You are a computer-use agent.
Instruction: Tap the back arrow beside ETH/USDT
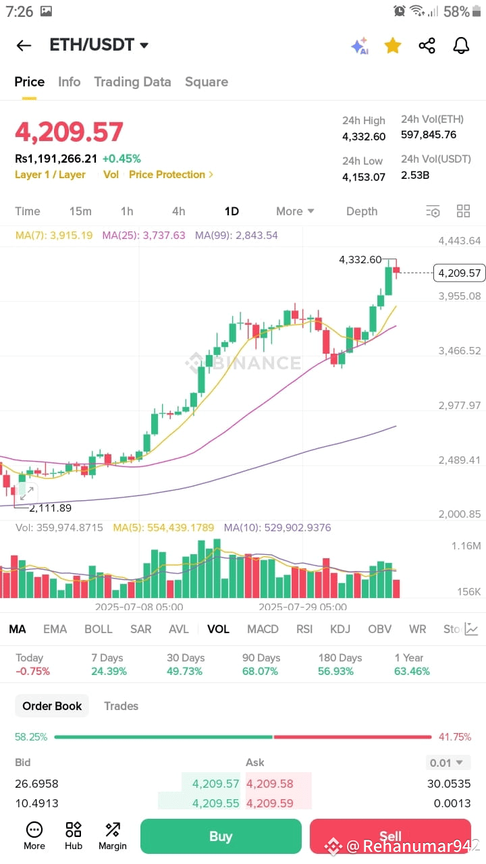tap(24, 45)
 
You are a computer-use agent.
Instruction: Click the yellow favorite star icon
tap(393, 45)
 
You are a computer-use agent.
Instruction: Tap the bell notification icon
tap(461, 45)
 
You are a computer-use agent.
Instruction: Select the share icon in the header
tap(427, 45)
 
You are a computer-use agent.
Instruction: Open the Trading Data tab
tap(132, 82)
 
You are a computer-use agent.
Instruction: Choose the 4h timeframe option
tap(179, 211)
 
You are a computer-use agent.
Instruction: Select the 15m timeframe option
tap(80, 211)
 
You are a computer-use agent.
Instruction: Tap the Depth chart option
tap(362, 211)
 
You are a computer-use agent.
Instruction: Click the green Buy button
tap(221, 836)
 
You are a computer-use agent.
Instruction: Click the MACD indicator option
tap(263, 629)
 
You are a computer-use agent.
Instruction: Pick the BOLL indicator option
tap(99, 629)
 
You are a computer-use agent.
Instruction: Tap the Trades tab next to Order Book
tap(121, 706)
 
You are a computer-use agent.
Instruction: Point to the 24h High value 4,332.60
tap(364, 136)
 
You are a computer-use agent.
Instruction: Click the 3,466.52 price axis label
tap(460, 350)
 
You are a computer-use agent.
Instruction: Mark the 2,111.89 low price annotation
tap(51, 508)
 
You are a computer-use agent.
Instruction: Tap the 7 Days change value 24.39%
tap(109, 671)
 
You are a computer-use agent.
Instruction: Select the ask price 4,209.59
tap(269, 803)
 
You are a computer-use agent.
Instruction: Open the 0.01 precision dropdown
tap(446, 763)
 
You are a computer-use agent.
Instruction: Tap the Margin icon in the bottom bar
tap(113, 836)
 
